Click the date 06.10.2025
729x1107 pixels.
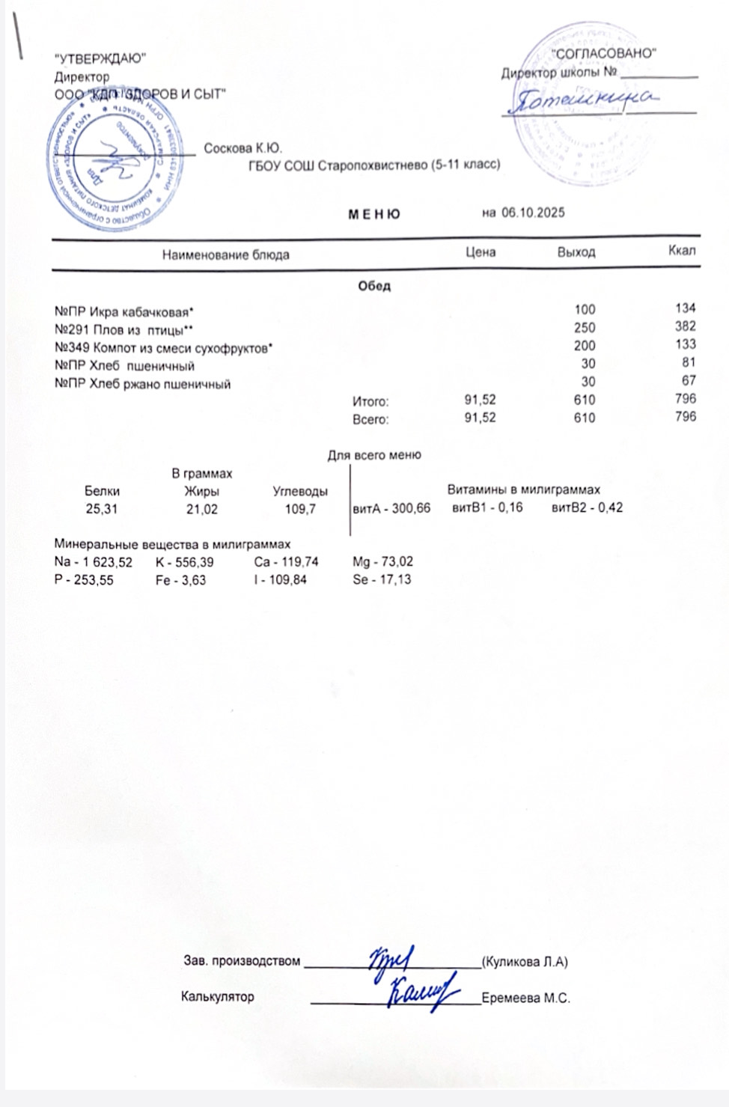click(x=532, y=213)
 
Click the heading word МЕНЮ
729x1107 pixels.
click(x=374, y=214)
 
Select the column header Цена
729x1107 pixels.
click(x=481, y=252)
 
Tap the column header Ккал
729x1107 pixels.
click(x=682, y=250)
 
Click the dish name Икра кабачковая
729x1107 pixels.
click(x=141, y=311)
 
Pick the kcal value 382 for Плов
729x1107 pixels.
click(x=685, y=326)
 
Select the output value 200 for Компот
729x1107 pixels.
click(x=585, y=346)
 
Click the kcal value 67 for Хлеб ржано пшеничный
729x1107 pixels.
click(x=689, y=380)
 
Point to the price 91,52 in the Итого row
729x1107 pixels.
click(x=480, y=400)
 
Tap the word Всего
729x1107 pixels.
click(x=370, y=419)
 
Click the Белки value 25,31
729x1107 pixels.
click(x=102, y=509)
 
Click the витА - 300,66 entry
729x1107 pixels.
click(x=391, y=508)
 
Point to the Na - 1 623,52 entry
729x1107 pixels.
click(x=93, y=562)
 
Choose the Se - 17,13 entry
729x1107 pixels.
click(x=382, y=579)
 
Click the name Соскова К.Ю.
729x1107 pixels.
click(x=243, y=149)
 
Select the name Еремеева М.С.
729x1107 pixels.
click(x=525, y=998)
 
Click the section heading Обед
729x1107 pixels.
click(x=374, y=286)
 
